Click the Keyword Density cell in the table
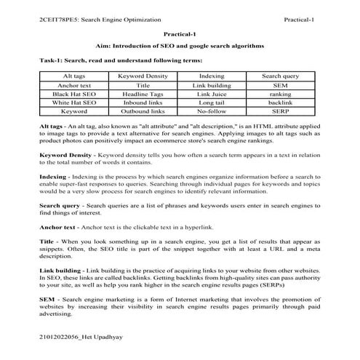(x=143, y=76)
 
